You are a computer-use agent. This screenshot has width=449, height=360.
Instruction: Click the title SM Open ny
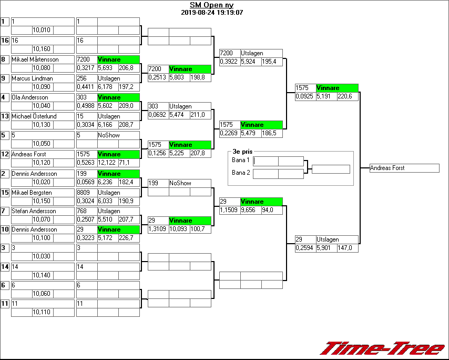pyautogui.click(x=212, y=5)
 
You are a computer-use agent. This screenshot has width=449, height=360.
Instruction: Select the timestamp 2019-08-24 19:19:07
pyautogui.click(x=212, y=12)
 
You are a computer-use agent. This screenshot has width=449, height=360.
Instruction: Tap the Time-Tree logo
pyautogui.click(x=383, y=348)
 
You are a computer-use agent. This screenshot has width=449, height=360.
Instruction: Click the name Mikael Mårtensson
pyautogui.click(x=35, y=59)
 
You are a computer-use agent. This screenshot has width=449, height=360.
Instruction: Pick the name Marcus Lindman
pyautogui.click(x=32, y=78)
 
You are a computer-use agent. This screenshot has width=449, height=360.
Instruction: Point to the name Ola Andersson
pyautogui.click(x=30, y=97)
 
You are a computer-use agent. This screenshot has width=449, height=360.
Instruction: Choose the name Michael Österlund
pyautogui.click(x=34, y=116)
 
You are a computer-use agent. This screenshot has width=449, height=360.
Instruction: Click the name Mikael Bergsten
pyautogui.click(x=32, y=193)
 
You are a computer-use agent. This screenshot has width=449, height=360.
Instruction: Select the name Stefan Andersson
pyautogui.click(x=34, y=211)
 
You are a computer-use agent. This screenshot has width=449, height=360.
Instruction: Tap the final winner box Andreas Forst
pyautogui.click(x=404, y=168)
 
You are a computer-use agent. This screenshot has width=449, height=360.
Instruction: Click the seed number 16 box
pyautogui.click(x=5, y=41)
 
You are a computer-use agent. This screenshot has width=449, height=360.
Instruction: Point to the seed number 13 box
pyautogui.click(x=5, y=116)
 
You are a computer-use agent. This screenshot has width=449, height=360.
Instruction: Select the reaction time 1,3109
pyautogui.click(x=157, y=229)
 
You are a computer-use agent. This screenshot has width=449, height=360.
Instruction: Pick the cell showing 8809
pyautogui.click(x=86, y=193)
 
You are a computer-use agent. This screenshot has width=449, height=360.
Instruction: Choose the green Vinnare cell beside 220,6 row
pyautogui.click(x=336, y=88)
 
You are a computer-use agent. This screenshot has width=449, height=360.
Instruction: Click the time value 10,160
pyautogui.click(x=42, y=49)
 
